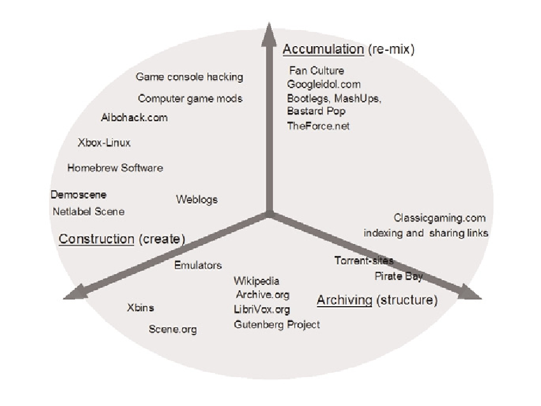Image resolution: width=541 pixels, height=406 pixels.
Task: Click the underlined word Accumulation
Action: tap(323, 49)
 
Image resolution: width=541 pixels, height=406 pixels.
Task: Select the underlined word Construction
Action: tap(96, 239)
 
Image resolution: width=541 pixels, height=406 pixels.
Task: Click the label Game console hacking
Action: tap(189, 77)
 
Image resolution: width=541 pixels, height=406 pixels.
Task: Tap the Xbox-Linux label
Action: tap(104, 143)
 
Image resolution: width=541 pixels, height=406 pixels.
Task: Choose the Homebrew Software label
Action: tap(115, 168)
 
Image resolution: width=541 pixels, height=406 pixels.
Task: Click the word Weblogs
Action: tap(197, 199)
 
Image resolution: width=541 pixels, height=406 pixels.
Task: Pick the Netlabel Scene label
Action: tap(89, 212)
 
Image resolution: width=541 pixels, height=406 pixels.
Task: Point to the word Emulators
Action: tap(198, 265)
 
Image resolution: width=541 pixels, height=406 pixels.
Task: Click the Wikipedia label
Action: tap(256, 281)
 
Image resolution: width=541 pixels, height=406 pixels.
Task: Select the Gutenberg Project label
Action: tap(276, 324)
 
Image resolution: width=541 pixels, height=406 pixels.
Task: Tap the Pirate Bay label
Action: tap(399, 276)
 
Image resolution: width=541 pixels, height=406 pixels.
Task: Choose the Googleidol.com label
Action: tap(324, 85)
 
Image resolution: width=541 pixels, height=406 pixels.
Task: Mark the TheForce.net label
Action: tap(318, 126)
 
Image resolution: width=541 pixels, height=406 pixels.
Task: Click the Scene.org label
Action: tap(172, 329)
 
